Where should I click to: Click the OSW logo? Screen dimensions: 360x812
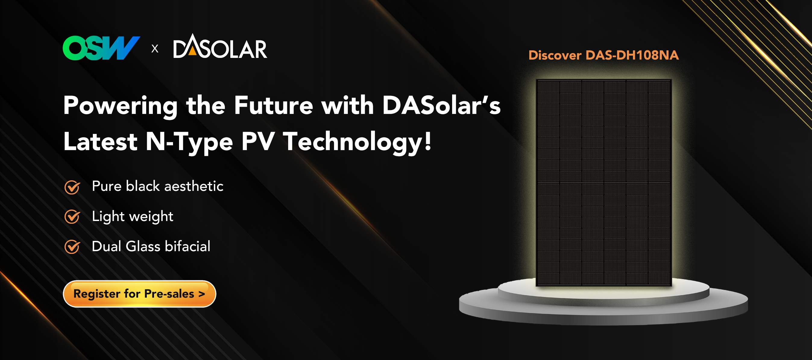[101, 48]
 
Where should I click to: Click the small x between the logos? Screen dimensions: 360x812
[155, 49]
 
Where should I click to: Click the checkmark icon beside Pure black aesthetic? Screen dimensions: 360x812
[72, 187]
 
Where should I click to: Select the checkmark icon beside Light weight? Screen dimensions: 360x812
[72, 216]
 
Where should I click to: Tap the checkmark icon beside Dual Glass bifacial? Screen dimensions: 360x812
[72, 247]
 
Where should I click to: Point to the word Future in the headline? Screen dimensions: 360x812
[273, 105]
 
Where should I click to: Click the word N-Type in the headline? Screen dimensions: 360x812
[189, 142]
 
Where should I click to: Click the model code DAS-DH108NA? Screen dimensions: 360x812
[632, 55]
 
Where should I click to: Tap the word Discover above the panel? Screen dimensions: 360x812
[555, 55]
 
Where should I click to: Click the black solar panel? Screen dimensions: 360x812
[604, 183]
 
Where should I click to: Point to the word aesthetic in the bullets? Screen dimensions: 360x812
[194, 186]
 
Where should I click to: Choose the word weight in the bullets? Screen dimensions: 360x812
[151, 216]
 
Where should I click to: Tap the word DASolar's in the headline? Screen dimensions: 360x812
[441, 105]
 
